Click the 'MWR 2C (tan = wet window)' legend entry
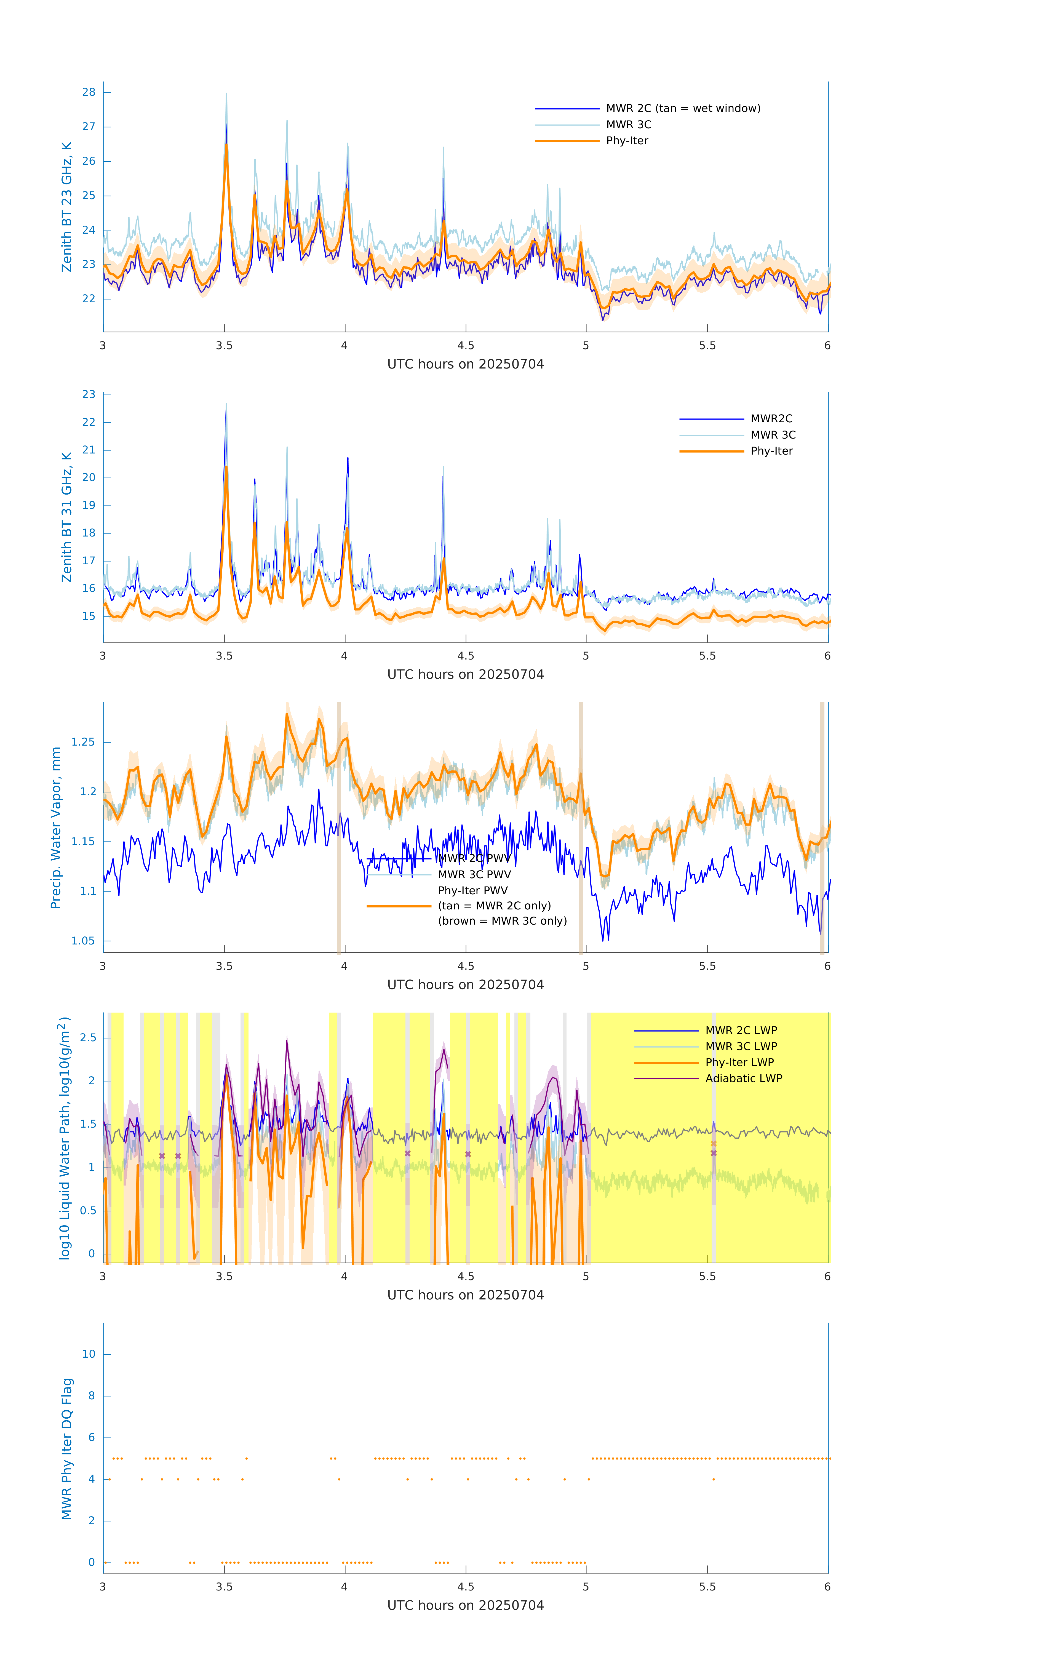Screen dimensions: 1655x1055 (x=682, y=109)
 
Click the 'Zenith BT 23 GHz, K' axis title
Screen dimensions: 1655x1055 (x=67, y=207)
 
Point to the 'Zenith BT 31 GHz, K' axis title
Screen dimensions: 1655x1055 (x=67, y=517)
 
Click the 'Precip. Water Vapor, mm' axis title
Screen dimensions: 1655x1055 (x=56, y=827)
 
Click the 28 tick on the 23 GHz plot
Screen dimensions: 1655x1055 (x=89, y=92)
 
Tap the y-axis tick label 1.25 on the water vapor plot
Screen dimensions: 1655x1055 (x=83, y=742)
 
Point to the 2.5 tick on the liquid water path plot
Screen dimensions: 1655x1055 (x=88, y=1038)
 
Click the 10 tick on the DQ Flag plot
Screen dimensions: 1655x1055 (x=89, y=1354)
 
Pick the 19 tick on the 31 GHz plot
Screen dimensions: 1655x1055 (x=89, y=505)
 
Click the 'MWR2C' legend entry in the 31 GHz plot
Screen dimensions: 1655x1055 (x=770, y=418)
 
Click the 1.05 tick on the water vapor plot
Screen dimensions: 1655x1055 (x=83, y=941)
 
